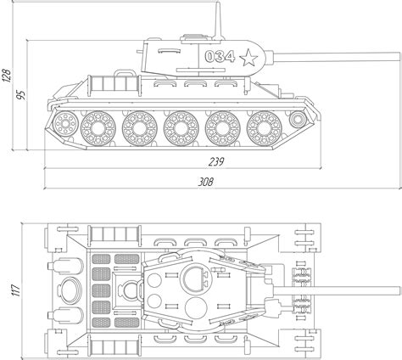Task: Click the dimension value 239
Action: pos(216,161)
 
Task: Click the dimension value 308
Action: pos(205,182)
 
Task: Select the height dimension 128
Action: pos(6,76)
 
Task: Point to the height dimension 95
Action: pos(20,95)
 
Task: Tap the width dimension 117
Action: pos(16,290)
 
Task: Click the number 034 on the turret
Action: pos(220,56)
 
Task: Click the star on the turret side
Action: pos(248,58)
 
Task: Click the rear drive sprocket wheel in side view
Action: pos(65,124)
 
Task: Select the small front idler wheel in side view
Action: pos(298,120)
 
